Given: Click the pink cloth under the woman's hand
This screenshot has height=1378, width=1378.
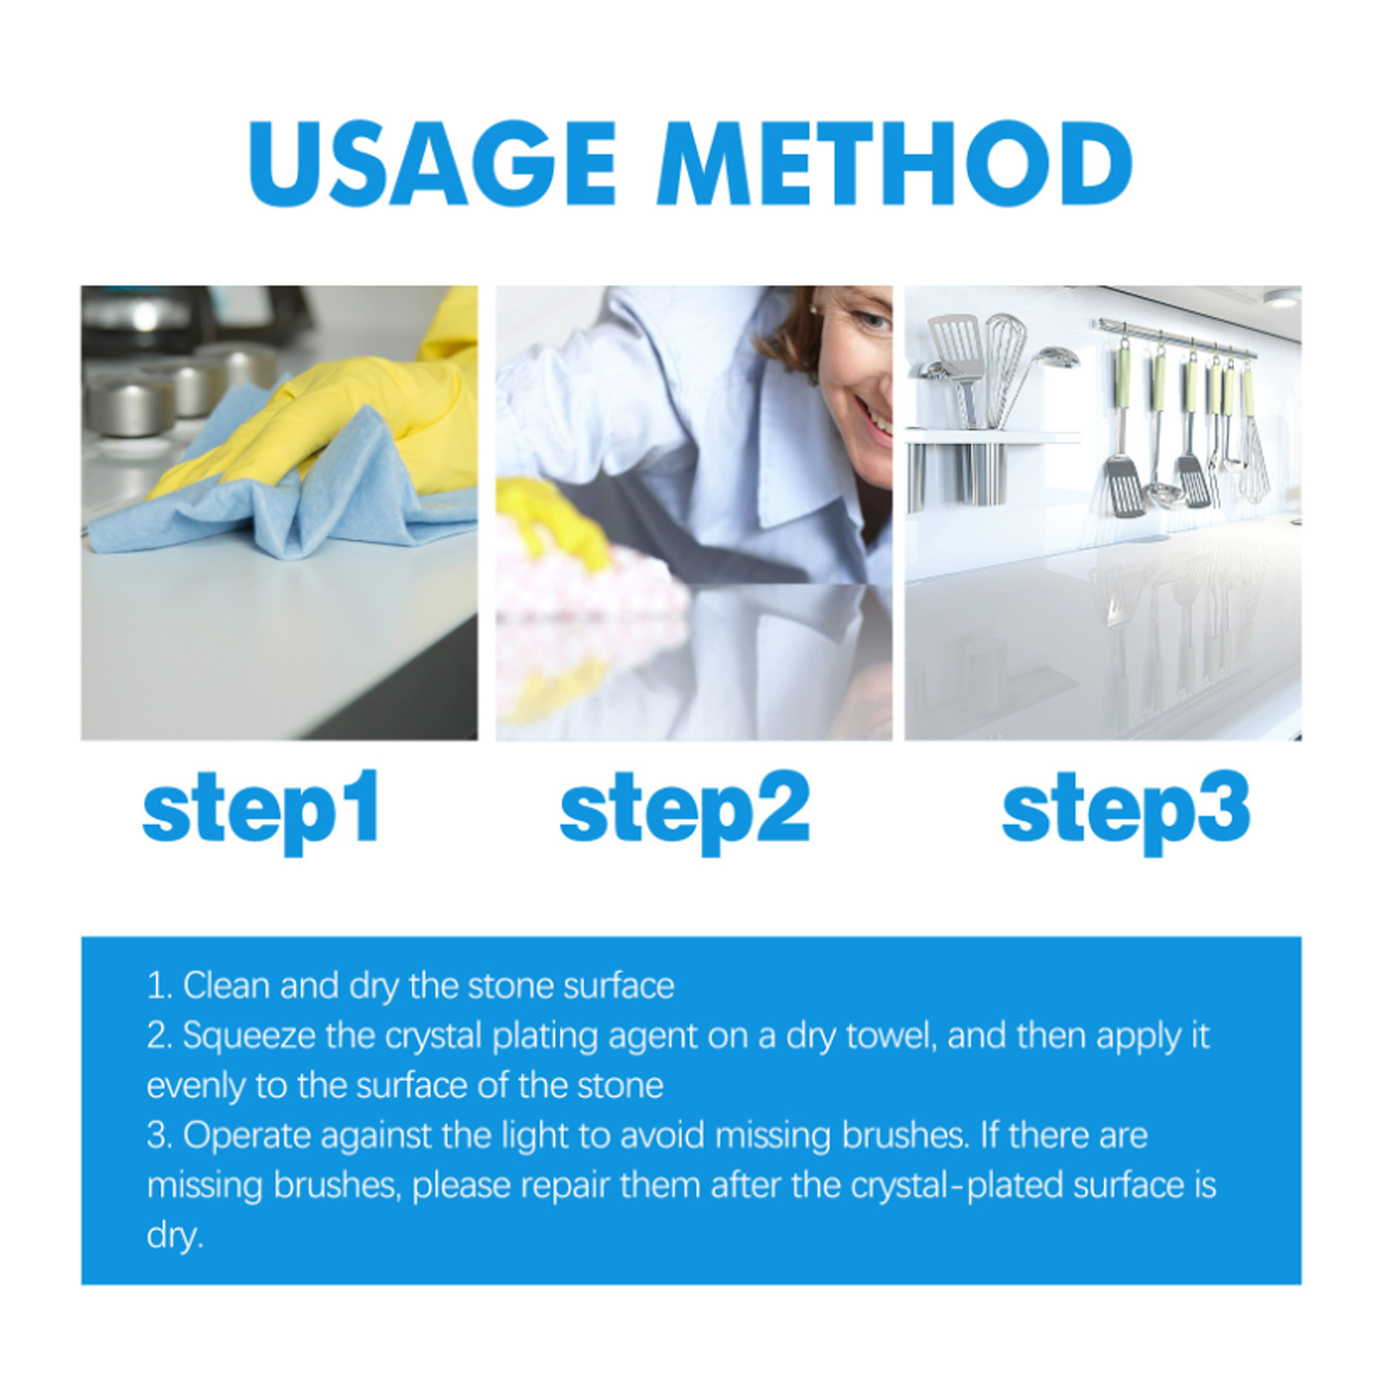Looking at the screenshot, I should pyautogui.click(x=594, y=594).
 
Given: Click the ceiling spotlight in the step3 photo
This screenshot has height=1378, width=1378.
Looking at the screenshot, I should pyautogui.click(x=1282, y=298).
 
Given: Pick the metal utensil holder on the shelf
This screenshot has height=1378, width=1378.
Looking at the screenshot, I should pyautogui.click(x=978, y=474).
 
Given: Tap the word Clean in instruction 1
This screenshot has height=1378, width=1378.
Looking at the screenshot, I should pyautogui.click(x=227, y=986).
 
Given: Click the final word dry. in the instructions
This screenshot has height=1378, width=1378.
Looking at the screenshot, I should pyautogui.click(x=175, y=1236).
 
